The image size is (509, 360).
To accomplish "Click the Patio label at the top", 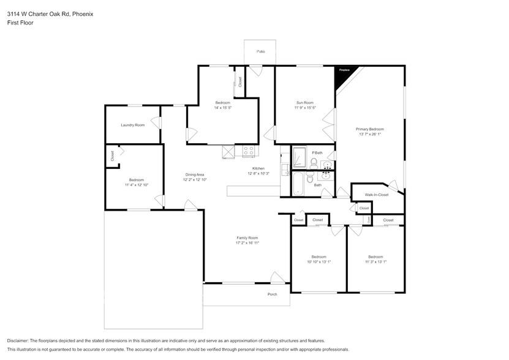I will point(260,51).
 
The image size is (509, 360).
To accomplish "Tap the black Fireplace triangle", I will point(342,74).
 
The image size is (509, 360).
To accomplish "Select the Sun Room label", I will point(304,103).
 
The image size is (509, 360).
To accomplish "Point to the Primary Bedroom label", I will point(370,129).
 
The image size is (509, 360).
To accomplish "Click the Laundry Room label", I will point(132,125).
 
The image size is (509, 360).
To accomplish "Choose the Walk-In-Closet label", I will point(377,195).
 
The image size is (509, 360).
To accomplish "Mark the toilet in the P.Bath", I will point(313,162).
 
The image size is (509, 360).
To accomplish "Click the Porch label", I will point(272,294).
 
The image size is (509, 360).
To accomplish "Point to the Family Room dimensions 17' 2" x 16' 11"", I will point(247,243).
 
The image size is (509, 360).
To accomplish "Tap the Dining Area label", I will point(195,174).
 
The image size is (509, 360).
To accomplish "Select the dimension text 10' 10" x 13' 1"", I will point(319,261).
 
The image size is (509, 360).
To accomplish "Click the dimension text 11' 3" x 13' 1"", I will point(375,261).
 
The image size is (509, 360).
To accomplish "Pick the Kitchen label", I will point(258,168).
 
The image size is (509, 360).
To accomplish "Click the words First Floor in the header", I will point(20,23).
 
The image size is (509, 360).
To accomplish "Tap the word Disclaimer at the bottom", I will point(19,340).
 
